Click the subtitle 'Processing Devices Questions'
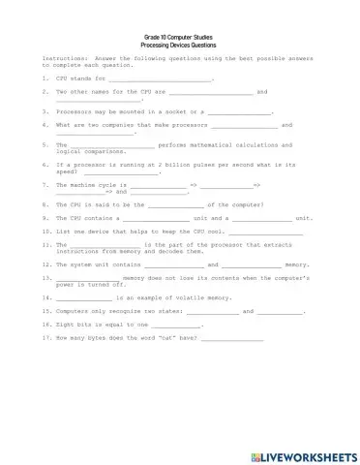click(x=179, y=46)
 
